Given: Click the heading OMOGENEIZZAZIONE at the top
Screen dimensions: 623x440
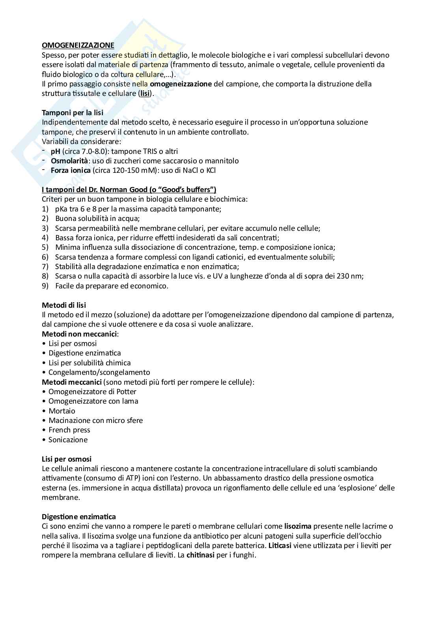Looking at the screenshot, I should click(x=78, y=45).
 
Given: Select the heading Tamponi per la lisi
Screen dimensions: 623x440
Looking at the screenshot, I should click(x=73, y=112).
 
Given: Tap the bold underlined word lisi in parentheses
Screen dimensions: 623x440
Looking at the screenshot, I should click(x=145, y=94).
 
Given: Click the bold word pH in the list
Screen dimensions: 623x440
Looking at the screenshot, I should click(x=56, y=151).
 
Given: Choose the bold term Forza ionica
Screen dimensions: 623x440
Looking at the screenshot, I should click(x=71, y=170).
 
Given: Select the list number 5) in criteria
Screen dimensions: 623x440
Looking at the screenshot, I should click(x=45, y=247).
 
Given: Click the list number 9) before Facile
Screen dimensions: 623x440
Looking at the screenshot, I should click(x=45, y=286).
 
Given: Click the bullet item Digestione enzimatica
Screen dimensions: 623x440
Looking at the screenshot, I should click(x=84, y=353).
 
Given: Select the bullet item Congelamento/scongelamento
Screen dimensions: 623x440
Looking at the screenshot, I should click(x=99, y=372).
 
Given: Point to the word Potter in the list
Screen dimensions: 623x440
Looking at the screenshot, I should click(x=126, y=392).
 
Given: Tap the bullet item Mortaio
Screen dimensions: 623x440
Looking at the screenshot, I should click(x=62, y=411).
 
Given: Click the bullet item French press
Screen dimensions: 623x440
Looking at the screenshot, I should click(x=69, y=430).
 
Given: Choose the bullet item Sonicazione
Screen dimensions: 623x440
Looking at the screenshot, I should click(x=68, y=440).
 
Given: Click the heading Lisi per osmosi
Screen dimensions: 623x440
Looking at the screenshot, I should click(x=67, y=459).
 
